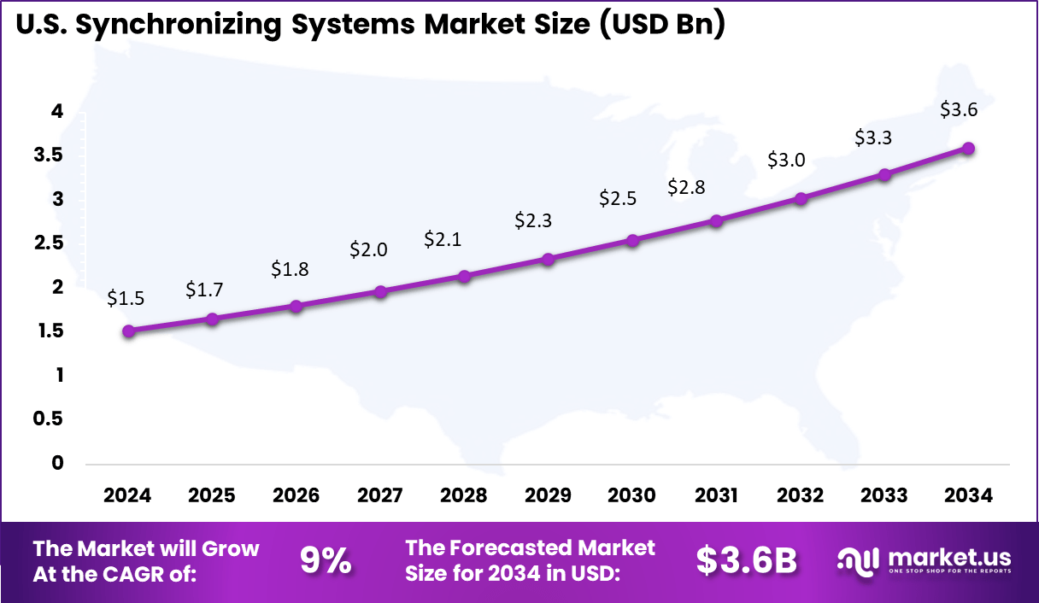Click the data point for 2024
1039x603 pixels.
pyautogui.click(x=128, y=331)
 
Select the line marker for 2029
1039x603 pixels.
pyautogui.click(x=549, y=259)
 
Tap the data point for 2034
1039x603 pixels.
pyautogui.click(x=968, y=148)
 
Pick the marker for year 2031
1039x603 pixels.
pyautogui.click(x=716, y=220)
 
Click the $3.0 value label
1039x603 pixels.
pyautogui.click(x=788, y=160)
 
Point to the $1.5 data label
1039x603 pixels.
pyautogui.click(x=126, y=298)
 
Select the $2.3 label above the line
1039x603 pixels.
pyautogui.click(x=533, y=220)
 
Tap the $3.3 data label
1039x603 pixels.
pyautogui.click(x=874, y=137)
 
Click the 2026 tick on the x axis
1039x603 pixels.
pyautogui.click(x=296, y=495)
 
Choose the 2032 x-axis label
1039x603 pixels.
pyautogui.click(x=801, y=495)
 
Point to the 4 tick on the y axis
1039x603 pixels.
pyautogui.click(x=56, y=111)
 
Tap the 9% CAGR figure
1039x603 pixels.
pyautogui.click(x=325, y=561)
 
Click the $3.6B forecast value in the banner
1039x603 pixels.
pyautogui.click(x=746, y=561)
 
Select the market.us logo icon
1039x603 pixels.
pyautogui.click(x=856, y=561)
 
